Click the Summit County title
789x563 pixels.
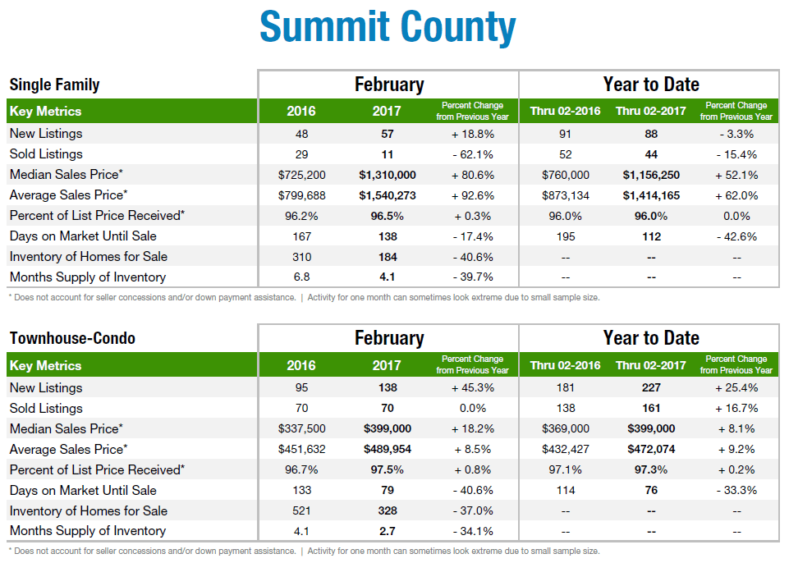[388, 27]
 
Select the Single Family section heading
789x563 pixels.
[54, 85]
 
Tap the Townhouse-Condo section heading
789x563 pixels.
[72, 338]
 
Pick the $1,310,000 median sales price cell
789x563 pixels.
[388, 175]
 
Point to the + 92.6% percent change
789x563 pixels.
[473, 195]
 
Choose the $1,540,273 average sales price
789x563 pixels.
[388, 195]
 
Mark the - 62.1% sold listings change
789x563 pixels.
[473, 154]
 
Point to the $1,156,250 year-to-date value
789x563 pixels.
[651, 175]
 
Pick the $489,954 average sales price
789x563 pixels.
[388, 449]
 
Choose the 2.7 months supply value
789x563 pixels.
[388, 531]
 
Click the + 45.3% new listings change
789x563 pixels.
[473, 387]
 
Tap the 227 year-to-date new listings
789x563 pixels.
[651, 387]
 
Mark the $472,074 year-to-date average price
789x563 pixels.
[651, 449]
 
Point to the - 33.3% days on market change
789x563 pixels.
[736, 490]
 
